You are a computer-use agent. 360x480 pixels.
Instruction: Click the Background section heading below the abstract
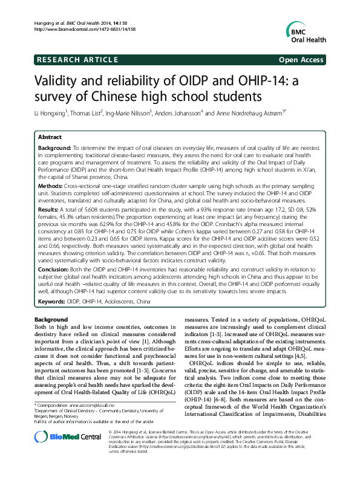coord(51,319)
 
